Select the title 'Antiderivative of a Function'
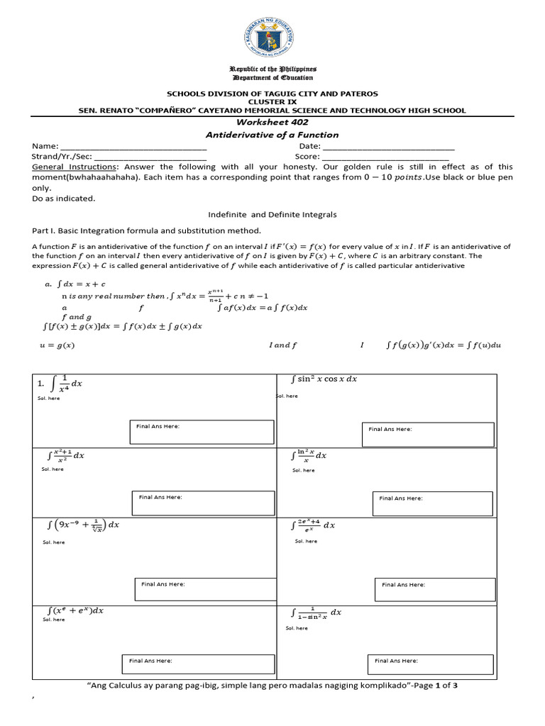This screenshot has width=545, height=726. [272, 135]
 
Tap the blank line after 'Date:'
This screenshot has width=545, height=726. [388, 146]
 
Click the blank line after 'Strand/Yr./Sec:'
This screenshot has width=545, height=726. [150, 157]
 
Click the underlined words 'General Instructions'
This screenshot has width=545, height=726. [68, 167]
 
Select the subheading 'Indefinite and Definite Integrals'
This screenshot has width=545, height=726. [272, 214]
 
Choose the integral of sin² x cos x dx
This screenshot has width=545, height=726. [324, 379]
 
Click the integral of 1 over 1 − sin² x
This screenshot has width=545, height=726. [316, 613]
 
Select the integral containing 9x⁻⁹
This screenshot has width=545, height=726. [82, 525]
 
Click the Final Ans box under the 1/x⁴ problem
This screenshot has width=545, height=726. [201, 432]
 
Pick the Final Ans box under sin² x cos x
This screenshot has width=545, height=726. [427, 435]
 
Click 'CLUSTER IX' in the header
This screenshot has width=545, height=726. [272, 102]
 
